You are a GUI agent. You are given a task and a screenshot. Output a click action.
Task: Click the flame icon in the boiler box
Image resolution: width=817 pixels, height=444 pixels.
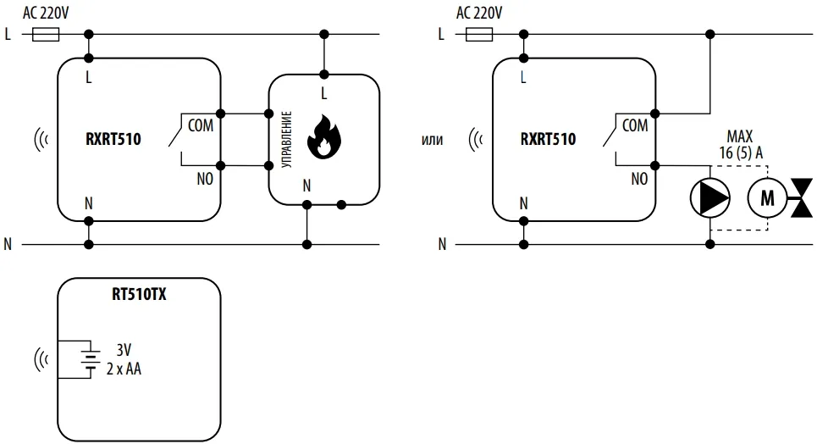[323, 136]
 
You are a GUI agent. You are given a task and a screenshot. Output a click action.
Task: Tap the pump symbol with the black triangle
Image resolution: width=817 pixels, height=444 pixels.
[709, 197]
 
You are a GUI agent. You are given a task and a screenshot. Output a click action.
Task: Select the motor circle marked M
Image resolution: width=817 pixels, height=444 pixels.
[767, 197]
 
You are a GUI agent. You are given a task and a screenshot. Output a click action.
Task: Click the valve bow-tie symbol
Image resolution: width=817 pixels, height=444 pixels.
[802, 197]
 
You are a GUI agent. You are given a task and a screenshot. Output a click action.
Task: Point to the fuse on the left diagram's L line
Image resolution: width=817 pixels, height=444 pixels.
[46, 35]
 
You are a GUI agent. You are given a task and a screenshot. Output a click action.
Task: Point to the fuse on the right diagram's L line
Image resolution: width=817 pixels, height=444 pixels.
[479, 35]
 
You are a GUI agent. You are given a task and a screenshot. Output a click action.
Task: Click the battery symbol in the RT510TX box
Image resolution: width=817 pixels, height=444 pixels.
[90, 359]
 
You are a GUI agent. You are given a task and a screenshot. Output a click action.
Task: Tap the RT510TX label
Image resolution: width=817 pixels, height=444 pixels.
[139, 294]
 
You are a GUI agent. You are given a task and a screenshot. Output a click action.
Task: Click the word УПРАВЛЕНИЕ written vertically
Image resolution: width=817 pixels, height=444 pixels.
[286, 139]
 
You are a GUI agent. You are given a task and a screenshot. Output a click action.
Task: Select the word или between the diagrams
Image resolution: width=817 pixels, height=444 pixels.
[432, 140]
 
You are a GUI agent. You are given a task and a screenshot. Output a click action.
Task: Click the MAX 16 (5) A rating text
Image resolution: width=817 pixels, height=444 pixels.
[741, 145]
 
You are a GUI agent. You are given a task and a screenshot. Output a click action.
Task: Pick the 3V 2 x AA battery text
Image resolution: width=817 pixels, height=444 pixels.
[124, 359]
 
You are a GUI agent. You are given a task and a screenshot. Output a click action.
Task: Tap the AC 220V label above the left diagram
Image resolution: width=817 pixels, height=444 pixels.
[46, 13]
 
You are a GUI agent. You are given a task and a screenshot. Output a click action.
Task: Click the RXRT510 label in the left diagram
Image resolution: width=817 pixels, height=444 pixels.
[113, 139]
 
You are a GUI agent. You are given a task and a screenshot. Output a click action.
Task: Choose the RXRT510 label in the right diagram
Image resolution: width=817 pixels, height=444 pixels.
[548, 139]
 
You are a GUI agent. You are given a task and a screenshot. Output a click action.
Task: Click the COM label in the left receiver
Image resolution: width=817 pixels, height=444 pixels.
[201, 125]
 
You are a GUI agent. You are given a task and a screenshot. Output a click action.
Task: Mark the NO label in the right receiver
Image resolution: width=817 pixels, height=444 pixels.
[639, 179]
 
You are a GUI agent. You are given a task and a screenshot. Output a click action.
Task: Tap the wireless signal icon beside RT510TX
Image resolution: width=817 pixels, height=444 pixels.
[41, 359]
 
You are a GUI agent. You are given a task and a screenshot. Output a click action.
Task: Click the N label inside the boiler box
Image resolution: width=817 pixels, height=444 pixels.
[306, 186]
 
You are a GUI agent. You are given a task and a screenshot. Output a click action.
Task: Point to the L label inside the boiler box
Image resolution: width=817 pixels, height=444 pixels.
[323, 93]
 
